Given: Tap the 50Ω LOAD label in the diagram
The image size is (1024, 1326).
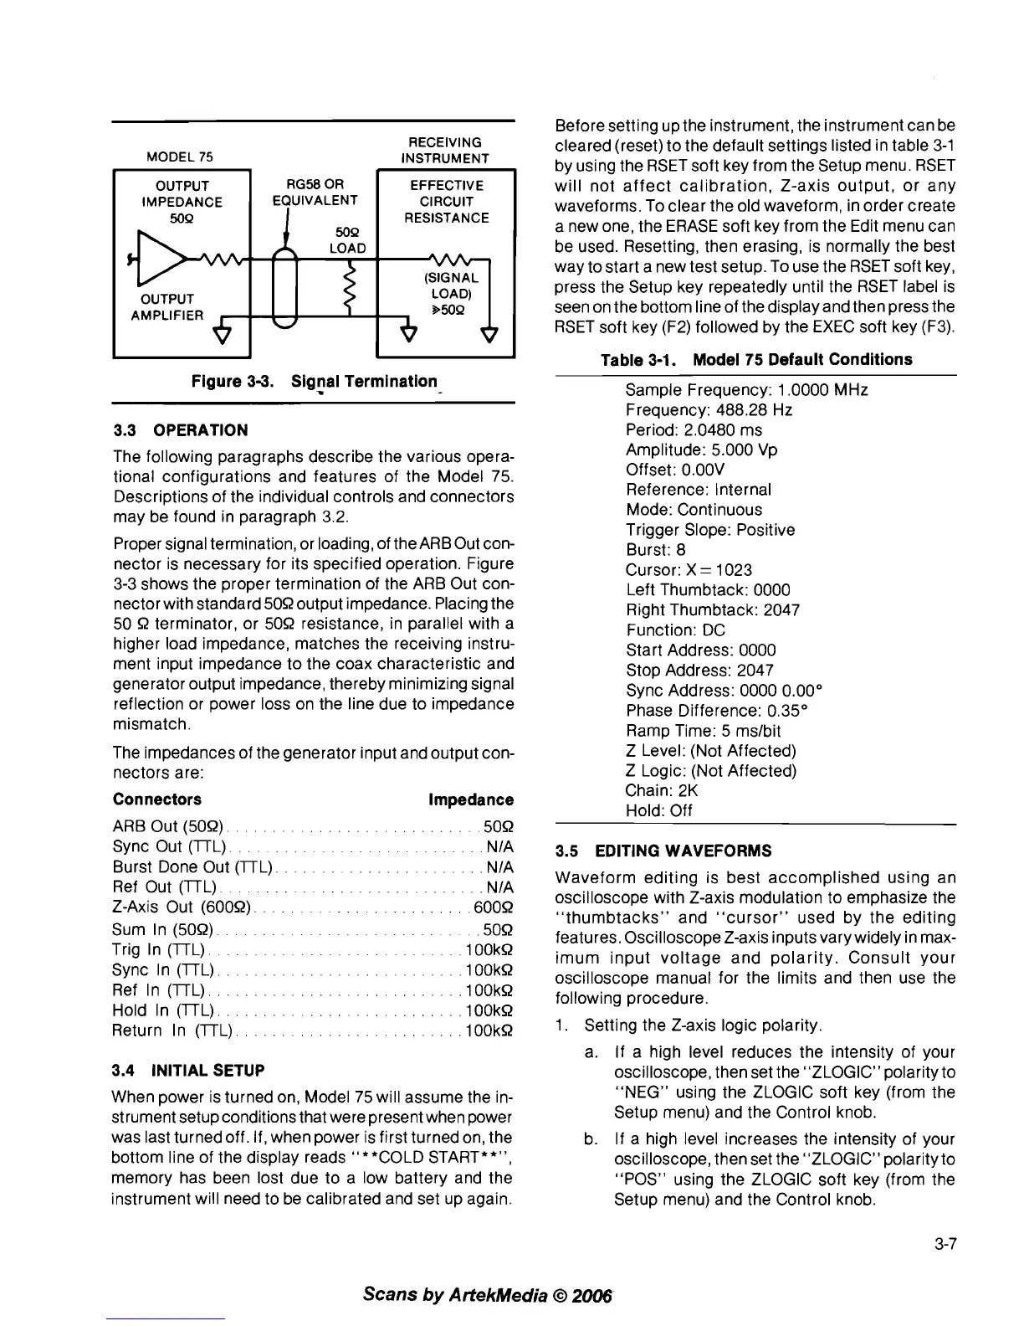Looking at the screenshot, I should (347, 240).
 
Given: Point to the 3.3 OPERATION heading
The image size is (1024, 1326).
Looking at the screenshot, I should (180, 430).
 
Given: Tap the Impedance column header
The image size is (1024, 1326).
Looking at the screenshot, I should (470, 799).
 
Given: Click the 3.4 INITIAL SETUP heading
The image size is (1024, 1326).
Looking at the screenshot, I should (188, 1070).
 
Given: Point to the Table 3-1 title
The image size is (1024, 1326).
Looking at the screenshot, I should (756, 360).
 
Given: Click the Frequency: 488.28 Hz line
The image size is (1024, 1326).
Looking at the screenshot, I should (709, 410).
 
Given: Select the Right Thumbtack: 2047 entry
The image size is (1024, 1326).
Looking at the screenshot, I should (713, 610).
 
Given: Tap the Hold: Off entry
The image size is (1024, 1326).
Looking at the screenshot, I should (659, 810).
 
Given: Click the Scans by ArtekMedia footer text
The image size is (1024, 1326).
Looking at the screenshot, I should (489, 1294).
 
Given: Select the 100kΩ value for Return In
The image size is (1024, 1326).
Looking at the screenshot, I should (488, 1030).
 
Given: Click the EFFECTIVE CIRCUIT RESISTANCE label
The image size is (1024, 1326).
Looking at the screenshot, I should (447, 201).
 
